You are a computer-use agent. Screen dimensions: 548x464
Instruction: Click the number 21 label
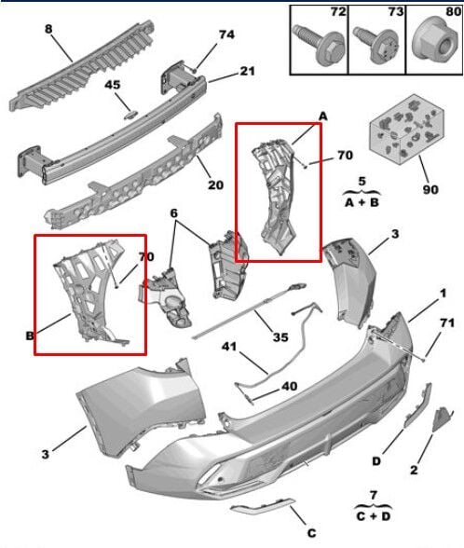click(247, 71)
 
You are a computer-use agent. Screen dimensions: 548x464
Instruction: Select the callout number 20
click(215, 185)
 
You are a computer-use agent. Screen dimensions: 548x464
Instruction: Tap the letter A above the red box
click(323, 115)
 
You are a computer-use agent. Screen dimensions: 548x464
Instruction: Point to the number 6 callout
click(173, 214)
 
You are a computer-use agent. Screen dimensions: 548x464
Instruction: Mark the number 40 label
click(265, 385)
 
